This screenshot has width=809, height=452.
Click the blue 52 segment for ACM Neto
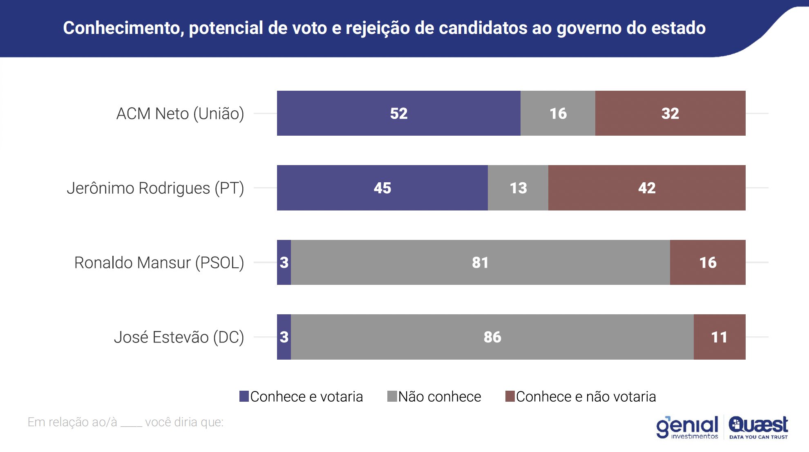point(398,113)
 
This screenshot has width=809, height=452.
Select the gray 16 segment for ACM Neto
point(558,113)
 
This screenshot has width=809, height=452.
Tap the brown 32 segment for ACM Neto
point(670,113)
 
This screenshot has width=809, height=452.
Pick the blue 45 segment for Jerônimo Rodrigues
point(382,188)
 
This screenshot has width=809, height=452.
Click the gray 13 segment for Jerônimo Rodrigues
point(518,188)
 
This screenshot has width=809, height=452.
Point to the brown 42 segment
point(647,188)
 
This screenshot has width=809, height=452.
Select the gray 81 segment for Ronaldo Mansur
point(480,262)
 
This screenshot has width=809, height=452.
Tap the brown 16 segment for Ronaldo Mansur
point(708,262)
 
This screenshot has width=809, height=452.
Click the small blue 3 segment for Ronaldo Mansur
point(284,262)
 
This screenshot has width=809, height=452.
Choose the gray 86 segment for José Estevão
point(492,337)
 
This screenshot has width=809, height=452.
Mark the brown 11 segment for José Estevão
point(719,337)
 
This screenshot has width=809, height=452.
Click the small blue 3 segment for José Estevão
point(284,337)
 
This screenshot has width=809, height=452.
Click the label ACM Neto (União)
point(180,114)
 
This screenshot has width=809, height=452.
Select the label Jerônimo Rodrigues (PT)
point(155,188)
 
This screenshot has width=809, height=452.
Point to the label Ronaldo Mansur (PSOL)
point(159,263)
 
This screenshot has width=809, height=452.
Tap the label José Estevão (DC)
point(179,338)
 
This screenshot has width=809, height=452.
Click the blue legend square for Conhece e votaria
point(244,396)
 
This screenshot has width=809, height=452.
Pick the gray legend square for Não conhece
point(392,396)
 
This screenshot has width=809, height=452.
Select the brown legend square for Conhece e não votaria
point(510,396)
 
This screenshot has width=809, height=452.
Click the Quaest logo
point(758,427)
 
